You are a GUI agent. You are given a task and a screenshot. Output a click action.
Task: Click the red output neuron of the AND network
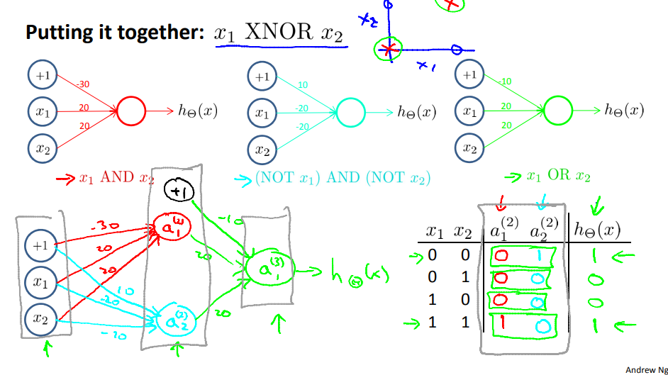(130, 111)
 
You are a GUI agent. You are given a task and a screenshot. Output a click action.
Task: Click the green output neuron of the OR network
(557, 111)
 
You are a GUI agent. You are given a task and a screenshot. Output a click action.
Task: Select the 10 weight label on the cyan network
(303, 85)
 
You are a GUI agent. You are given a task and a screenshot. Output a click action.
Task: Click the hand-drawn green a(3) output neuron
(264, 269)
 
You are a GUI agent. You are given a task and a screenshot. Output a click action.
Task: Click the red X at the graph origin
(387, 49)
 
